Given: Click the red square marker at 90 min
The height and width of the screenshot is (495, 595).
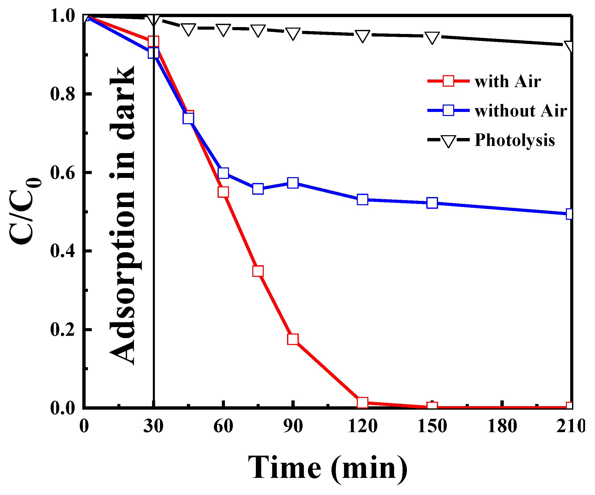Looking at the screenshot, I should coord(293,339).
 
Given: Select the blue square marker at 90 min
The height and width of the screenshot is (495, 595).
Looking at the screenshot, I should coord(293,183).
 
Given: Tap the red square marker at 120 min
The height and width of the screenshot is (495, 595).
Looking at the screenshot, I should coord(362,402).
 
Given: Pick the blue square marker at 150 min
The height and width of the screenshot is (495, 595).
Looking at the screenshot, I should coord(432,203).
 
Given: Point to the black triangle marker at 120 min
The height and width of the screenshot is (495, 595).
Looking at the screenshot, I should coord(362,36).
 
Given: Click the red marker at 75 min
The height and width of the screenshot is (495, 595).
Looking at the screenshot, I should coord(258,271).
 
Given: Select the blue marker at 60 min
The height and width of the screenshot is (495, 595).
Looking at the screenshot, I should coord(223,173).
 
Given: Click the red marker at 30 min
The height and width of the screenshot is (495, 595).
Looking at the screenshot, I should coord(153,41).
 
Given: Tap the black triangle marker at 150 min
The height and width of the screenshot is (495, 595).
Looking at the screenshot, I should coord(432,37).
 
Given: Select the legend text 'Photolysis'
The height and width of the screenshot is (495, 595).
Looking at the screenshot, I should coord(514,140).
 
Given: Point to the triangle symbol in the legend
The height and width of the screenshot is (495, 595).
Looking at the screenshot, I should coord(448,141).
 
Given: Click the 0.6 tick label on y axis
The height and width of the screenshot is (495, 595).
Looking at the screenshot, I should coord(63,172).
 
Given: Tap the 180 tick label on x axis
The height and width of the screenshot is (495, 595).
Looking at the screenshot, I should coord(502,426).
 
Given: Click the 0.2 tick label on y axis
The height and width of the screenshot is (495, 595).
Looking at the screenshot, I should coord(63,329).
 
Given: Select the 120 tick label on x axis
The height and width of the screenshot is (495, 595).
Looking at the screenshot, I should coord(362,426).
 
